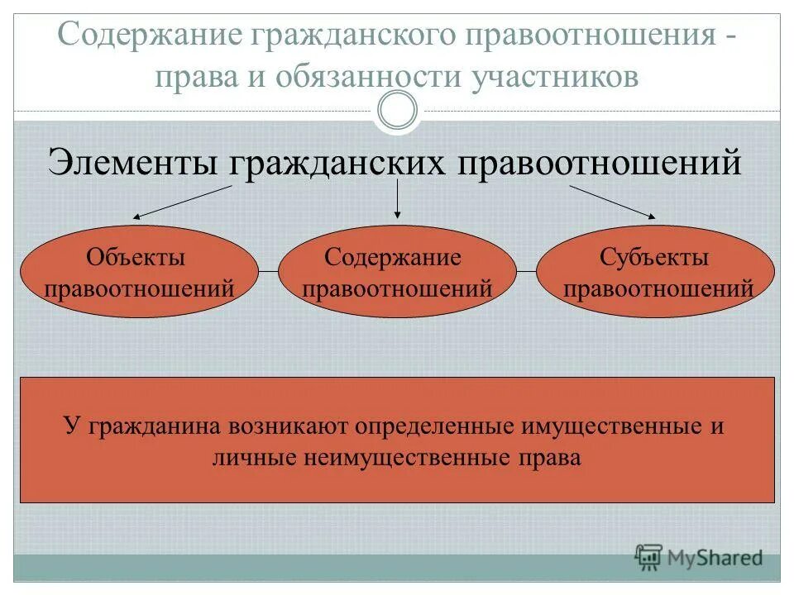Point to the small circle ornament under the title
[x=397, y=111]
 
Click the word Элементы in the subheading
[x=134, y=161]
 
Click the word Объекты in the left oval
[x=136, y=258]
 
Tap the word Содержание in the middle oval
[x=392, y=257]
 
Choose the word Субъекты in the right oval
[x=654, y=258]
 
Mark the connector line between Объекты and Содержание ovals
[x=268, y=271]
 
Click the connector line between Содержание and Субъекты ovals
[x=527, y=271]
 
